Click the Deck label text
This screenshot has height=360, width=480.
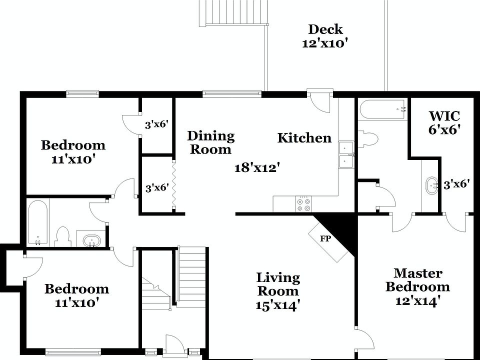325,29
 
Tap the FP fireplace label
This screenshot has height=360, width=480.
325,238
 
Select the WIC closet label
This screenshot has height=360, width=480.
444,116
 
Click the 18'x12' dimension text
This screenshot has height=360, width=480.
257,168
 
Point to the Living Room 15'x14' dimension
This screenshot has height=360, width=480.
278,305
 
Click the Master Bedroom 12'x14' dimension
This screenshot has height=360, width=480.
417,301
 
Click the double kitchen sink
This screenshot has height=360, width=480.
346,155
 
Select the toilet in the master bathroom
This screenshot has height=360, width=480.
367,138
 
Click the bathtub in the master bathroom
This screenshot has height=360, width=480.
382,109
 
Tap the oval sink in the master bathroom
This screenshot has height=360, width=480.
430,185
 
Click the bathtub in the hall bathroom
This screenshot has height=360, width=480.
38,222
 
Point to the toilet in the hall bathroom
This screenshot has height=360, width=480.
63,237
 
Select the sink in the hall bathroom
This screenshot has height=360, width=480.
90,240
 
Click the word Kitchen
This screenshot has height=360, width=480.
304,138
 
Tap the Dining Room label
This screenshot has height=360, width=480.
211,142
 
